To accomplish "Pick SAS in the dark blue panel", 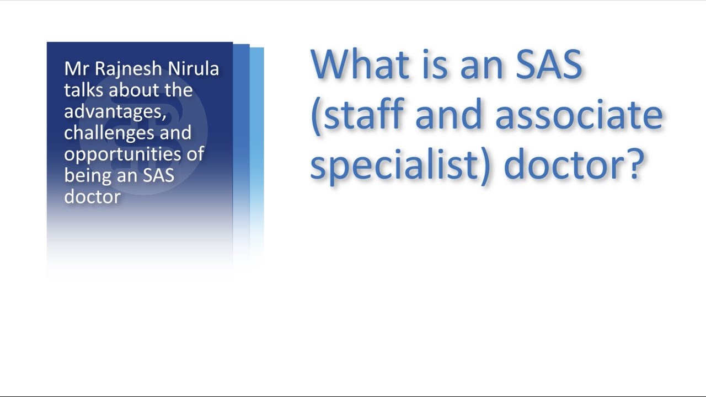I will click(x=158, y=176).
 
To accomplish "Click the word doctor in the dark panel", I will click(x=92, y=197).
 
